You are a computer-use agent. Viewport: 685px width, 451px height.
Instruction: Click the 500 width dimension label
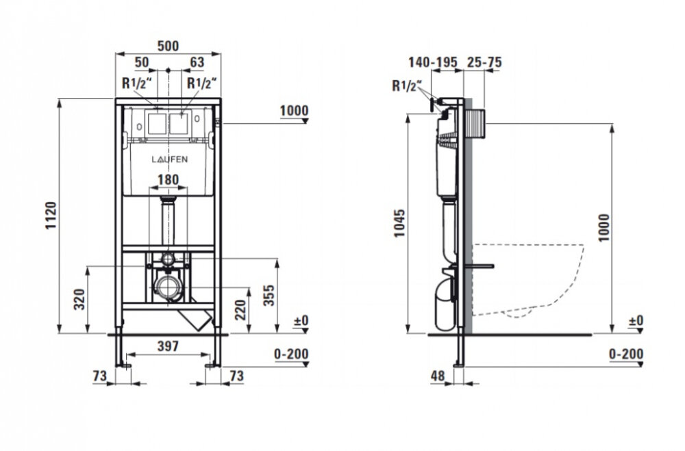[169, 46]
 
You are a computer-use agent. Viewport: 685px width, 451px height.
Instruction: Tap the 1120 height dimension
[51, 216]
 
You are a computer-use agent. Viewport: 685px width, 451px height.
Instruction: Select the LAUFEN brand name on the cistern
[169, 159]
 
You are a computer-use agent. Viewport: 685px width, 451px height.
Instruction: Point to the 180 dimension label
[169, 179]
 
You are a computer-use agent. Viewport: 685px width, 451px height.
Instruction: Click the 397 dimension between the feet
[169, 346]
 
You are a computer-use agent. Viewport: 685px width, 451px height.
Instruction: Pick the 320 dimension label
[79, 299]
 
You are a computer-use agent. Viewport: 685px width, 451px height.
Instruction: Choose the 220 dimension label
[240, 309]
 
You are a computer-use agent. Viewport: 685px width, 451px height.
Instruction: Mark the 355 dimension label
[269, 295]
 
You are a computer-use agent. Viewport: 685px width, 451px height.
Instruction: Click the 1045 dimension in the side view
[400, 223]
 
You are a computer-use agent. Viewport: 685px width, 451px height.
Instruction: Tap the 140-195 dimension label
[432, 62]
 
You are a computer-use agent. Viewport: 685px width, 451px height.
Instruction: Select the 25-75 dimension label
[484, 62]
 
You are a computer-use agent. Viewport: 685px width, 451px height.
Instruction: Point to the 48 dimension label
[438, 376]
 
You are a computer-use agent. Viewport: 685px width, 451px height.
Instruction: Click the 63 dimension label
[197, 62]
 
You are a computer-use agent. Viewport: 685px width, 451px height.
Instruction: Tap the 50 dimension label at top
[142, 62]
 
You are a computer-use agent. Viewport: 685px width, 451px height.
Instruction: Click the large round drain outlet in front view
[168, 287]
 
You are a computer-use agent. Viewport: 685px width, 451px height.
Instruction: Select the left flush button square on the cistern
[156, 124]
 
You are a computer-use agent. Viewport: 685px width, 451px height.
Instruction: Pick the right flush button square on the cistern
[179, 124]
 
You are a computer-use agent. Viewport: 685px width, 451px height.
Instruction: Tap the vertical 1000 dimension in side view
[603, 227]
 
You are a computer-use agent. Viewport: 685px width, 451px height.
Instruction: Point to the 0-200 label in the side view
[626, 354]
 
